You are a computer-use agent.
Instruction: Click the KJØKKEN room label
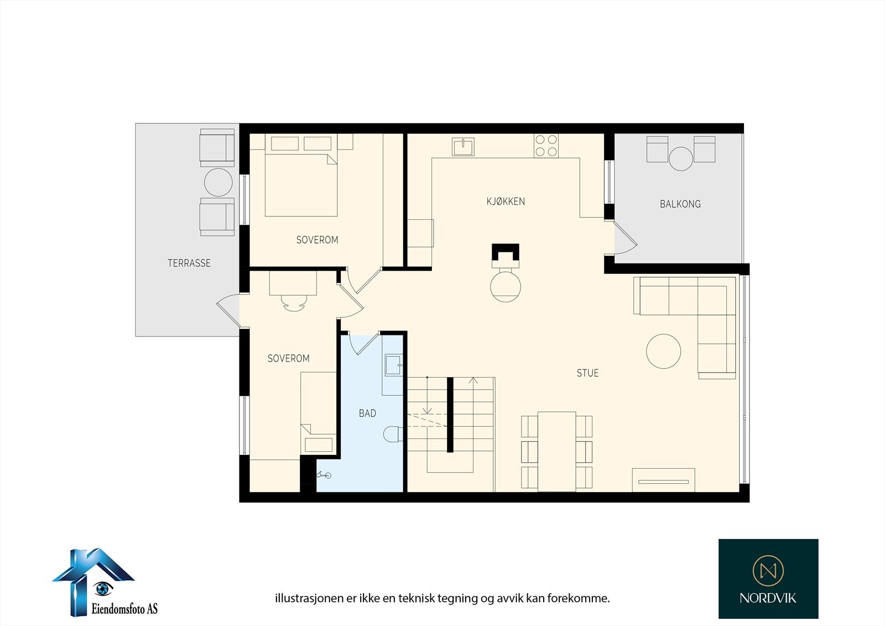point(506,201)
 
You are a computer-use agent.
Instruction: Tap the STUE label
point(587,373)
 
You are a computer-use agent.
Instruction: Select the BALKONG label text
point(680,204)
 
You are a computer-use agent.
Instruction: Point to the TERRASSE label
point(189,263)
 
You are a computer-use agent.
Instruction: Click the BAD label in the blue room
point(367,413)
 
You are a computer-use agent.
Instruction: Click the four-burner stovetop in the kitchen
point(546,146)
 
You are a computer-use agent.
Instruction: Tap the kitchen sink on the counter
point(463,147)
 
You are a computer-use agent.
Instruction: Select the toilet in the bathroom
point(393,434)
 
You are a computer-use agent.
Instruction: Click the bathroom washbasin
point(393,365)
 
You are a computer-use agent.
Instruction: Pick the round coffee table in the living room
point(663,351)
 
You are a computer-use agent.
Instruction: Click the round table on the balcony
point(681,159)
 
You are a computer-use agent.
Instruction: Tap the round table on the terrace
point(218,182)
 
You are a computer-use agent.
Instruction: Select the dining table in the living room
point(556,451)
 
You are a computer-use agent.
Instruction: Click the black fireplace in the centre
point(506,256)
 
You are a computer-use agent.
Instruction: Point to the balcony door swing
point(626,237)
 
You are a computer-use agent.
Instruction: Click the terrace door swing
point(228,311)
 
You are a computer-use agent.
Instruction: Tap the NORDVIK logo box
point(768,578)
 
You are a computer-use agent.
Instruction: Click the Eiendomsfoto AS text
point(124,608)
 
